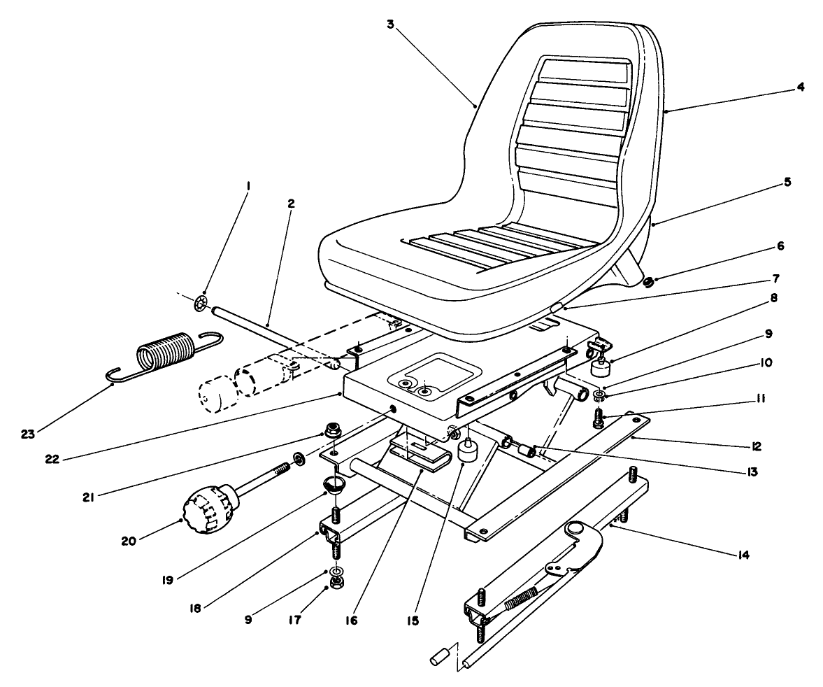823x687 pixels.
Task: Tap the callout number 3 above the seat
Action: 391,24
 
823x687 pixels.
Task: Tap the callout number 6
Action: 780,246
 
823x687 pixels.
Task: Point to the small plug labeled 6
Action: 647,283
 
